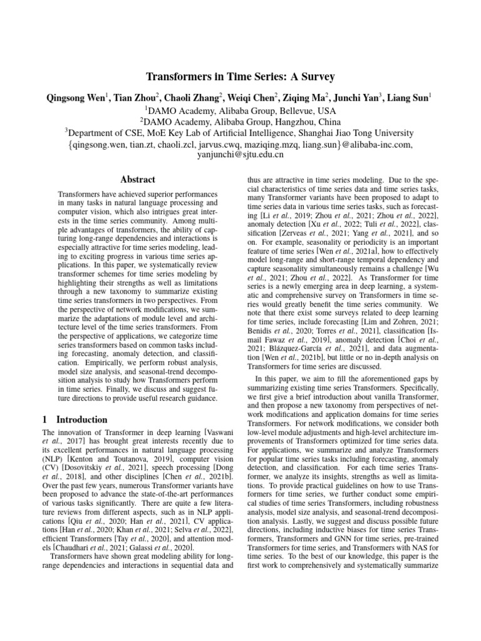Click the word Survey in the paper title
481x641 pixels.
pos(317,77)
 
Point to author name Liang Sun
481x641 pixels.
pos(408,98)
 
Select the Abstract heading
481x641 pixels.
pos(137,180)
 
